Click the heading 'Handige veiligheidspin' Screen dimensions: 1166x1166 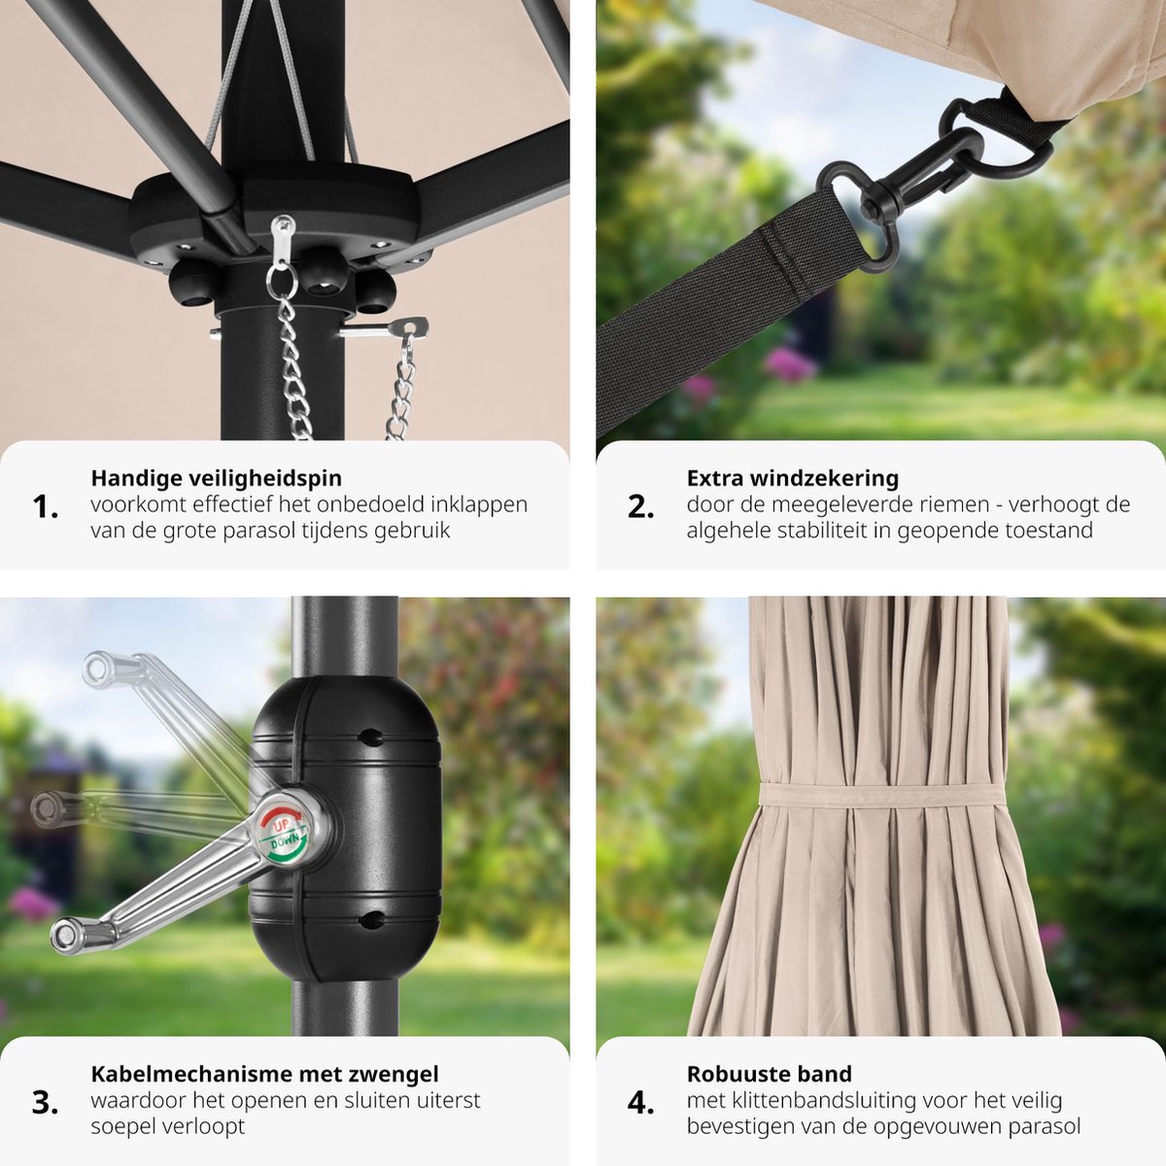click(x=216, y=478)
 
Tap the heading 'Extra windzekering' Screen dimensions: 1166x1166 click(x=792, y=478)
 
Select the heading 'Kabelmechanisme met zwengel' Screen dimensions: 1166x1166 click(x=264, y=1074)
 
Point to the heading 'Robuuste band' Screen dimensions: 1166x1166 click(x=769, y=1074)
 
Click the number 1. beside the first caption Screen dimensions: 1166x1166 click(x=45, y=507)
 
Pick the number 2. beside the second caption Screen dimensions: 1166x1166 click(x=640, y=507)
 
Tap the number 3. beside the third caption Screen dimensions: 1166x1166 click(x=45, y=1103)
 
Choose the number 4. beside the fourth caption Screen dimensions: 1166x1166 click(x=640, y=1103)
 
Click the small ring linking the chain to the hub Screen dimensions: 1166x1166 click(x=282, y=282)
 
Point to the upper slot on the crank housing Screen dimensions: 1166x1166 click(x=370, y=737)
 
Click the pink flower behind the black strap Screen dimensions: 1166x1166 click(x=788, y=365)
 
